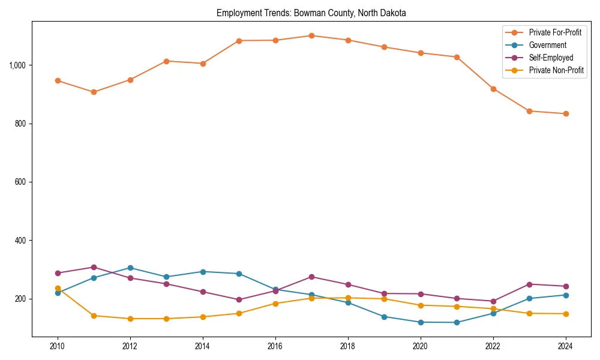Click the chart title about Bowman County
coord(311,13)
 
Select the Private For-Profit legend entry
coord(555,32)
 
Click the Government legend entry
coord(547,45)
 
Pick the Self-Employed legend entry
coord(551,58)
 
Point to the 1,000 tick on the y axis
coord(17,65)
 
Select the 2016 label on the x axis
coord(275,347)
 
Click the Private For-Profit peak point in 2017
coord(311,35)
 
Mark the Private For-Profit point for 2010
coord(58,80)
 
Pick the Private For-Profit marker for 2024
coord(566,113)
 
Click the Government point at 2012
coord(130,268)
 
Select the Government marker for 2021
coord(457,322)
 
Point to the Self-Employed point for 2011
coord(94,267)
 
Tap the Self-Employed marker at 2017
coord(311,277)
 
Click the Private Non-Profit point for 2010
coord(58,288)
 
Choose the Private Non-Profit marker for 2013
coord(166,319)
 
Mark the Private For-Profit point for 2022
coord(493,89)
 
